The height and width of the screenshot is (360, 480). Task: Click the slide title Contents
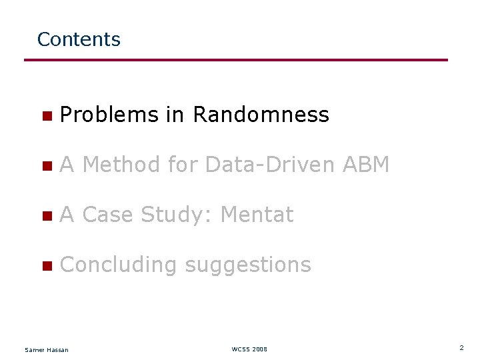pos(79,39)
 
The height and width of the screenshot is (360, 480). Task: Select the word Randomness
pos(261,115)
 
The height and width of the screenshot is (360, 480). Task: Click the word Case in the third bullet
pos(109,215)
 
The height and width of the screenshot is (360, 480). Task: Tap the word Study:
pos(177,215)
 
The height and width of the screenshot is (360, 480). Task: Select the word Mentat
pos(257,215)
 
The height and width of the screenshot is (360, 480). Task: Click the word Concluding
pos(118,265)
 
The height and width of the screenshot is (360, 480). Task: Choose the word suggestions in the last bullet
pos(247,265)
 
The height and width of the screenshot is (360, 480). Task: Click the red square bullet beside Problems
pos(46,116)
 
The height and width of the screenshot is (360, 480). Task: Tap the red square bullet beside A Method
pos(46,166)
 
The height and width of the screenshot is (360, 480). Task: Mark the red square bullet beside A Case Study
pos(46,216)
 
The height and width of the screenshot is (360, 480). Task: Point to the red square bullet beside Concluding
pos(46,266)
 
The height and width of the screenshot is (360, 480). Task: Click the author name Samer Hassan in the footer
pos(46,349)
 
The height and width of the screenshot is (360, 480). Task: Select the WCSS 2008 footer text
pos(249,349)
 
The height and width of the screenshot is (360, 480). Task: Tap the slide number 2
pos(461,348)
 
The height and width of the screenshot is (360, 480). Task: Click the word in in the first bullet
pos(175,115)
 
